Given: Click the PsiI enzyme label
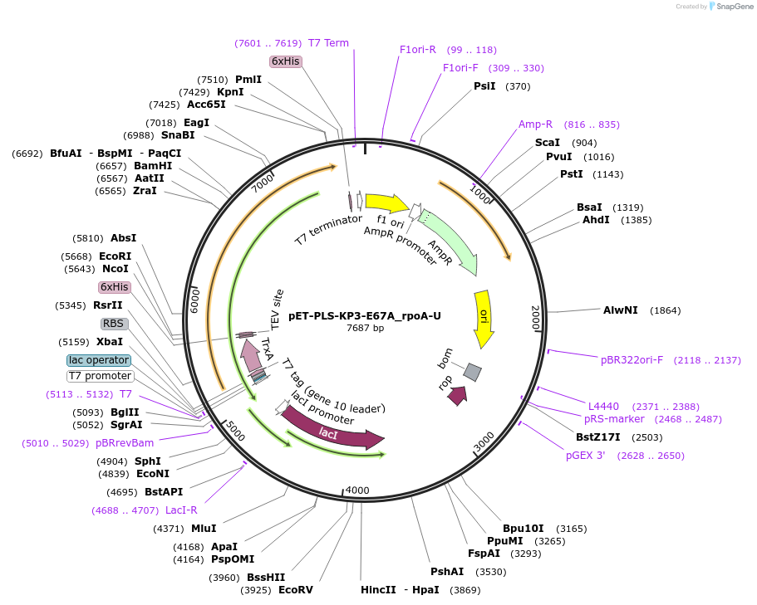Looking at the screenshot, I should point(484,86).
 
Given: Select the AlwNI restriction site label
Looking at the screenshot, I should point(620,310).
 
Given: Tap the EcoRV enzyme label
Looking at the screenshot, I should point(296,590).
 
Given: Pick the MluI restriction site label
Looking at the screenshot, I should point(204,528).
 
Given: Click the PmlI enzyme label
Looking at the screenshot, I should point(248,80).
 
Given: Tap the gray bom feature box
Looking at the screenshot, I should point(472,372).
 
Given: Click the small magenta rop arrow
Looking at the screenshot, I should point(457,396).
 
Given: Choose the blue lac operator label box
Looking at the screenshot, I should point(99,360).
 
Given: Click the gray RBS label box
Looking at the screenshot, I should point(114,324).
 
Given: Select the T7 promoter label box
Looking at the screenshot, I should point(100,376).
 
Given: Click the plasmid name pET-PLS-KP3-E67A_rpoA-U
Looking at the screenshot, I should point(365,315).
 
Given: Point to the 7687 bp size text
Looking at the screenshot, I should point(365,329).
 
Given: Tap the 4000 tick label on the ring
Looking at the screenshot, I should point(357,490).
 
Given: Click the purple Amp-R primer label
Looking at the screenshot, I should point(535,124).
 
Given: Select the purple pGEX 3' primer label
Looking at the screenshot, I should point(586,455).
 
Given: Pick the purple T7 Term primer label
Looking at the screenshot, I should point(328,43).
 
